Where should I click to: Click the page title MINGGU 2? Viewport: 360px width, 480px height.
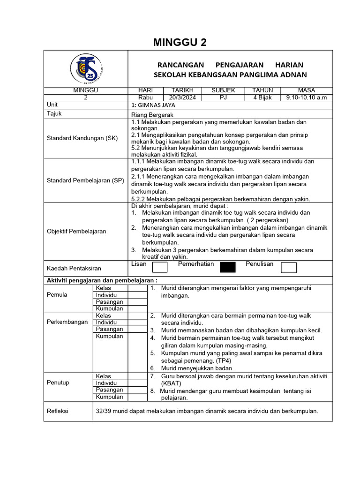pos(180,43)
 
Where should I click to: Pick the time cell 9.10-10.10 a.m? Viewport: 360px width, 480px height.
pos(306,97)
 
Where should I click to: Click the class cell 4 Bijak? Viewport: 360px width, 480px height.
pos(262,97)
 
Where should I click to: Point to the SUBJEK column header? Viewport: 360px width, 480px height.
pos(223,90)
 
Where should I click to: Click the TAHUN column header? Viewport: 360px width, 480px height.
pos(262,90)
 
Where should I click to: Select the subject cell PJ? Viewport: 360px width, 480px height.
pos(223,97)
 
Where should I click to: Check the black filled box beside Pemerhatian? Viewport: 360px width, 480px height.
pos(228,267)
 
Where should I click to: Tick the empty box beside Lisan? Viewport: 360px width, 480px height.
pos(160,267)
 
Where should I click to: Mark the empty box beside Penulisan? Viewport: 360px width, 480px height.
pos(288,267)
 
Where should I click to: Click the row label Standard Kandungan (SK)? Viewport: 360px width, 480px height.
pos(82,138)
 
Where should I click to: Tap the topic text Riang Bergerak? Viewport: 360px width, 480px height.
pos(152,114)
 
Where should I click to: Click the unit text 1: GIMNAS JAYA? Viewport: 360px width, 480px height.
pos(153,105)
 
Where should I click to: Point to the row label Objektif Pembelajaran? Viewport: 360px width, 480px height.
pos(76,231)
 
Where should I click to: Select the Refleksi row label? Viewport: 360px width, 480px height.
pos(58,411)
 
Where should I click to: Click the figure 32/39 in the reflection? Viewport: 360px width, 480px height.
pos(104,411)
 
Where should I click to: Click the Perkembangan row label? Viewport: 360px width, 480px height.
pos(67,322)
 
